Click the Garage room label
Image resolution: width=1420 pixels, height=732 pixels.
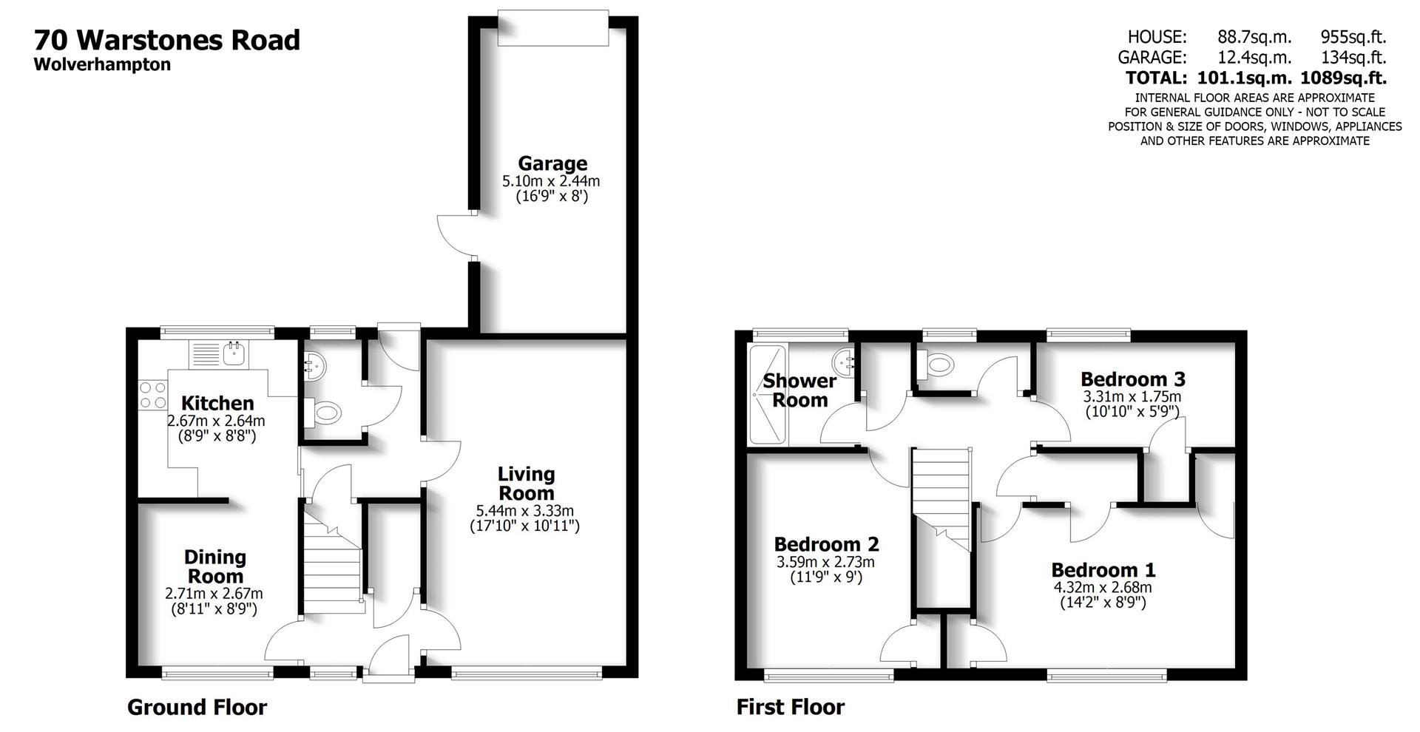(x=552, y=163)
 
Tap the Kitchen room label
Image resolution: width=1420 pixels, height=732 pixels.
(x=217, y=403)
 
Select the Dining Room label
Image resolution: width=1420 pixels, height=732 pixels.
(x=215, y=566)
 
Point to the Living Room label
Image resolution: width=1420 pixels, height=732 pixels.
(x=526, y=484)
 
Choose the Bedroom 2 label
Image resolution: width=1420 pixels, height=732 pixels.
(x=826, y=544)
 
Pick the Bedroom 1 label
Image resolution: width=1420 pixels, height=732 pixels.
(x=1103, y=570)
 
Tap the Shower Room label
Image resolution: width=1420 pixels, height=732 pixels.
(x=799, y=390)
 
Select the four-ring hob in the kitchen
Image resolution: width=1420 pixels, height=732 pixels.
(x=153, y=394)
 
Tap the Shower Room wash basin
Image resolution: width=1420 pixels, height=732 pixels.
(x=843, y=362)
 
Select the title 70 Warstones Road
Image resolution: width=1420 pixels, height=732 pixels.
(x=167, y=40)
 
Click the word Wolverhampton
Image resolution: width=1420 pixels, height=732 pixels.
(x=102, y=64)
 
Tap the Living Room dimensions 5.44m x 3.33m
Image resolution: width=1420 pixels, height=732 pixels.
(x=525, y=510)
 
